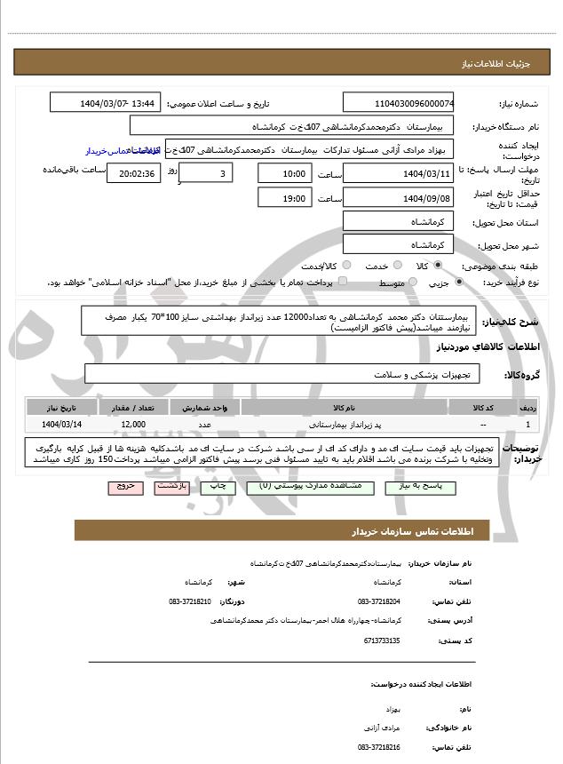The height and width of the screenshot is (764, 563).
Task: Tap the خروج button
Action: pos(123,488)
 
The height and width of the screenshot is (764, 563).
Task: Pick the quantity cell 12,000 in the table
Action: pos(133,425)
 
